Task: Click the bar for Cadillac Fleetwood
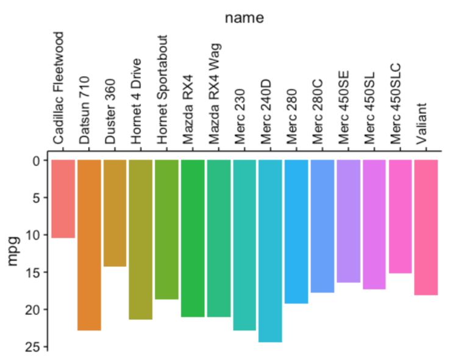point(63,199)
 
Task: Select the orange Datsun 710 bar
point(89,245)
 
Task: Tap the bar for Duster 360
point(115,213)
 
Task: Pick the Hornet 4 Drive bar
point(141,239)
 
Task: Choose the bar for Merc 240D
point(271,250)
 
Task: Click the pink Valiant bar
point(426,227)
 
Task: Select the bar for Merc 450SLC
point(400,216)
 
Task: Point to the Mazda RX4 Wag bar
point(219,238)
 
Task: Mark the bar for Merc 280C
point(323,226)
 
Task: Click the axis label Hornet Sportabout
point(162,90)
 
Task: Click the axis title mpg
point(13,253)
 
